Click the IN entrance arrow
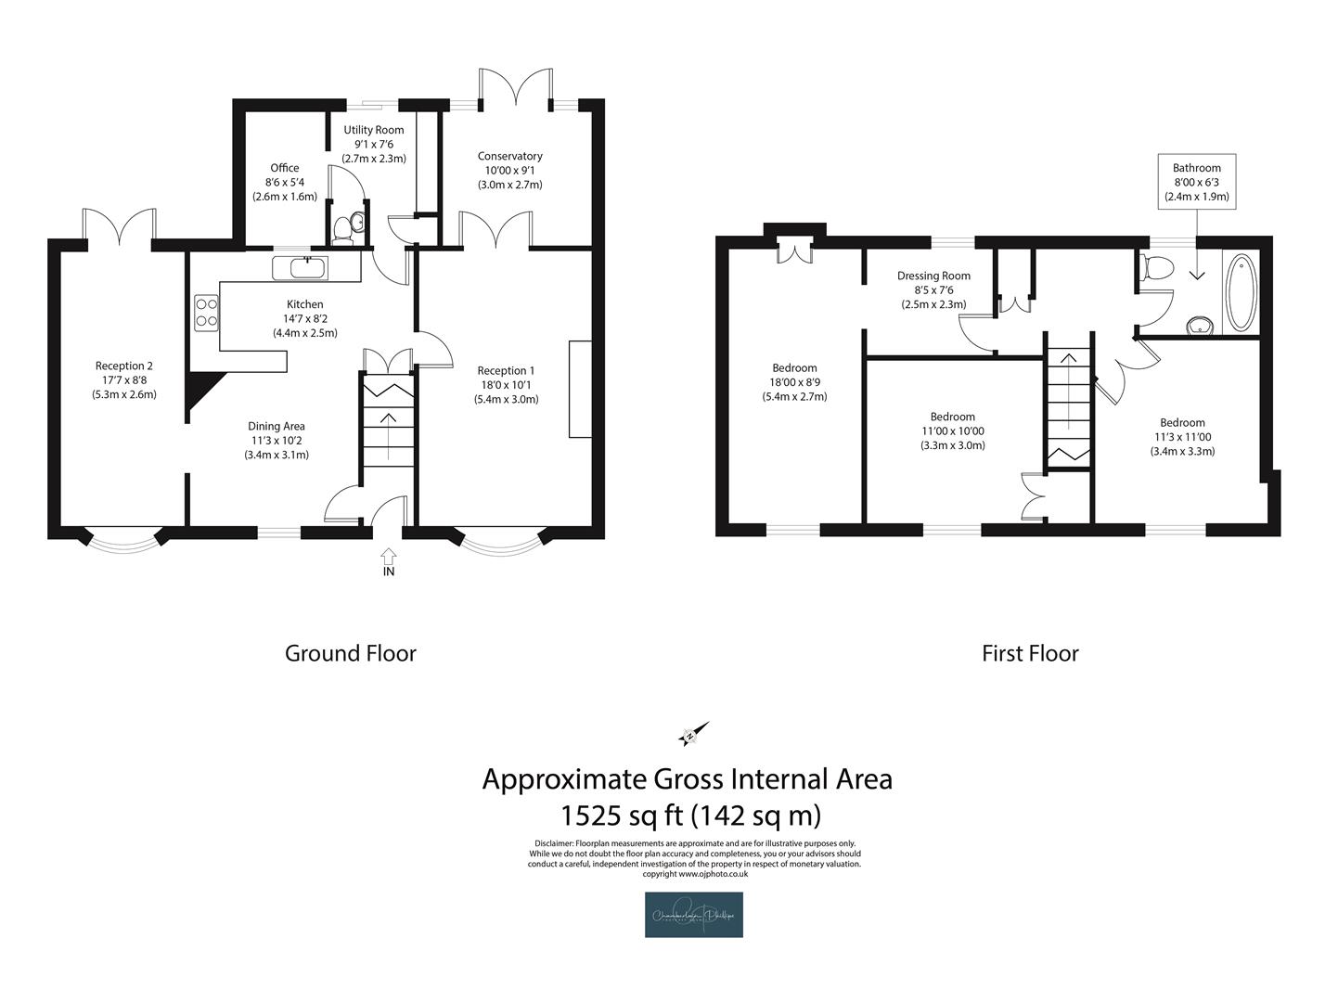pyautogui.click(x=388, y=556)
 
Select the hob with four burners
pyautogui.click(x=206, y=313)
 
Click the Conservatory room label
pyautogui.click(x=509, y=170)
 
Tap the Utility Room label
pyautogui.click(x=373, y=144)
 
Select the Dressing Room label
pyautogui.click(x=933, y=289)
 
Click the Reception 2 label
pyautogui.click(x=124, y=379)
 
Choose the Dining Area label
pyautogui.click(x=277, y=441)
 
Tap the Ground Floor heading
pyautogui.click(x=350, y=653)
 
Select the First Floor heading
pyautogui.click(x=1030, y=653)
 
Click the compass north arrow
pyautogui.click(x=694, y=734)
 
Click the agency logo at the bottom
pyautogui.click(x=693, y=915)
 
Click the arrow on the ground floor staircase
pyautogui.click(x=387, y=429)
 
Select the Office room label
pyautogui.click(x=285, y=182)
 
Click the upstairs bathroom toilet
pyautogui.click(x=1157, y=268)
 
